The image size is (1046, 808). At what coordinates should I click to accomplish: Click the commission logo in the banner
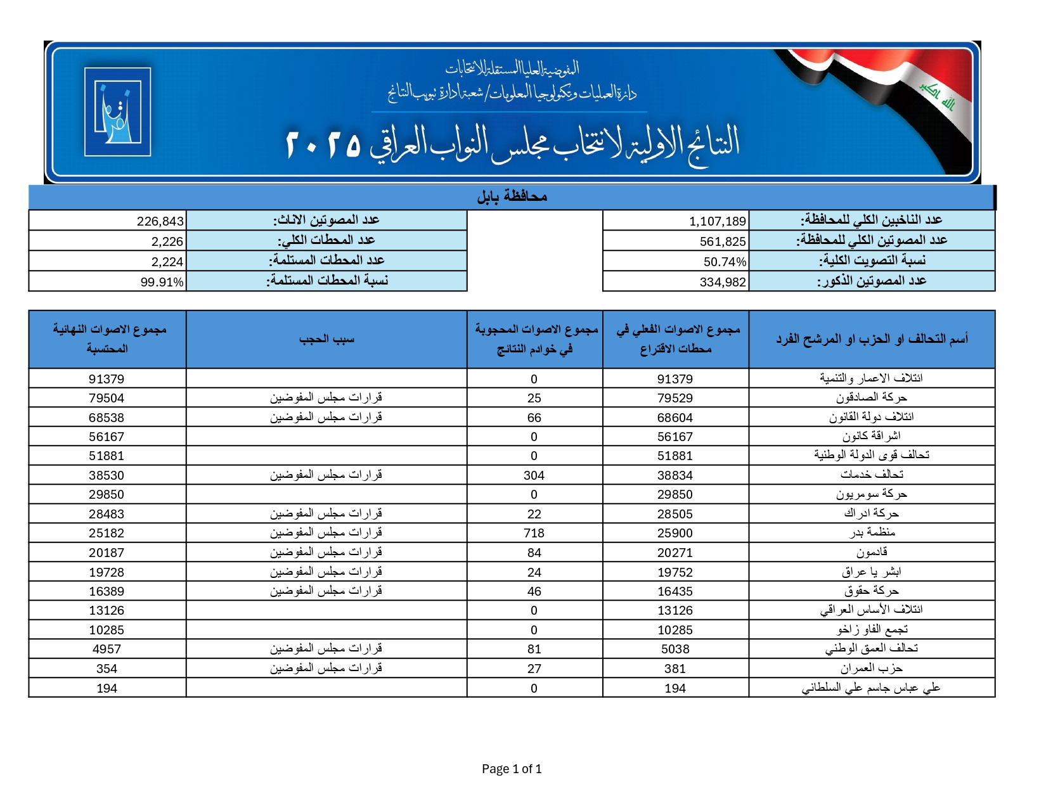118,112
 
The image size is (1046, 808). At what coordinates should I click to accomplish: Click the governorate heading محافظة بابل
512,197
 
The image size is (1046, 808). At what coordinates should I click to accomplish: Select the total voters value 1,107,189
718,221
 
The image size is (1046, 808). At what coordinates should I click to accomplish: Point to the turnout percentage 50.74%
725,262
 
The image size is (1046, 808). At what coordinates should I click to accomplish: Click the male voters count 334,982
723,282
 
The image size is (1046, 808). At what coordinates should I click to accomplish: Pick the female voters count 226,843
160,221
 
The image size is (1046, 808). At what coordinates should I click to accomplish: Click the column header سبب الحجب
326,340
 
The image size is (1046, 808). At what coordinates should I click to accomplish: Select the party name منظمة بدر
872,533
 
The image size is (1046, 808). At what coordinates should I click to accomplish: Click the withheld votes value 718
534,534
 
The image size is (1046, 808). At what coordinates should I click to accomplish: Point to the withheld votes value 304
534,475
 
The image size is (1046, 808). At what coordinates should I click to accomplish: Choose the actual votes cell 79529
675,398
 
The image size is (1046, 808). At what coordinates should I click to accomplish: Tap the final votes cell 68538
107,418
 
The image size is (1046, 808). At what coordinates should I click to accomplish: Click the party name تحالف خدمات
872,475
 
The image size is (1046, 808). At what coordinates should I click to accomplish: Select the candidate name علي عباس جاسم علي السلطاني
871,688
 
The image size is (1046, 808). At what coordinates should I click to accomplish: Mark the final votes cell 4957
107,649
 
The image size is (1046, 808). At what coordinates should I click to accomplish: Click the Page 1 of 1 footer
512,769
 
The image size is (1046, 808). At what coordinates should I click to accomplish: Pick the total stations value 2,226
167,241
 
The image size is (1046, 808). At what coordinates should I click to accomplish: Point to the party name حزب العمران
872,669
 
